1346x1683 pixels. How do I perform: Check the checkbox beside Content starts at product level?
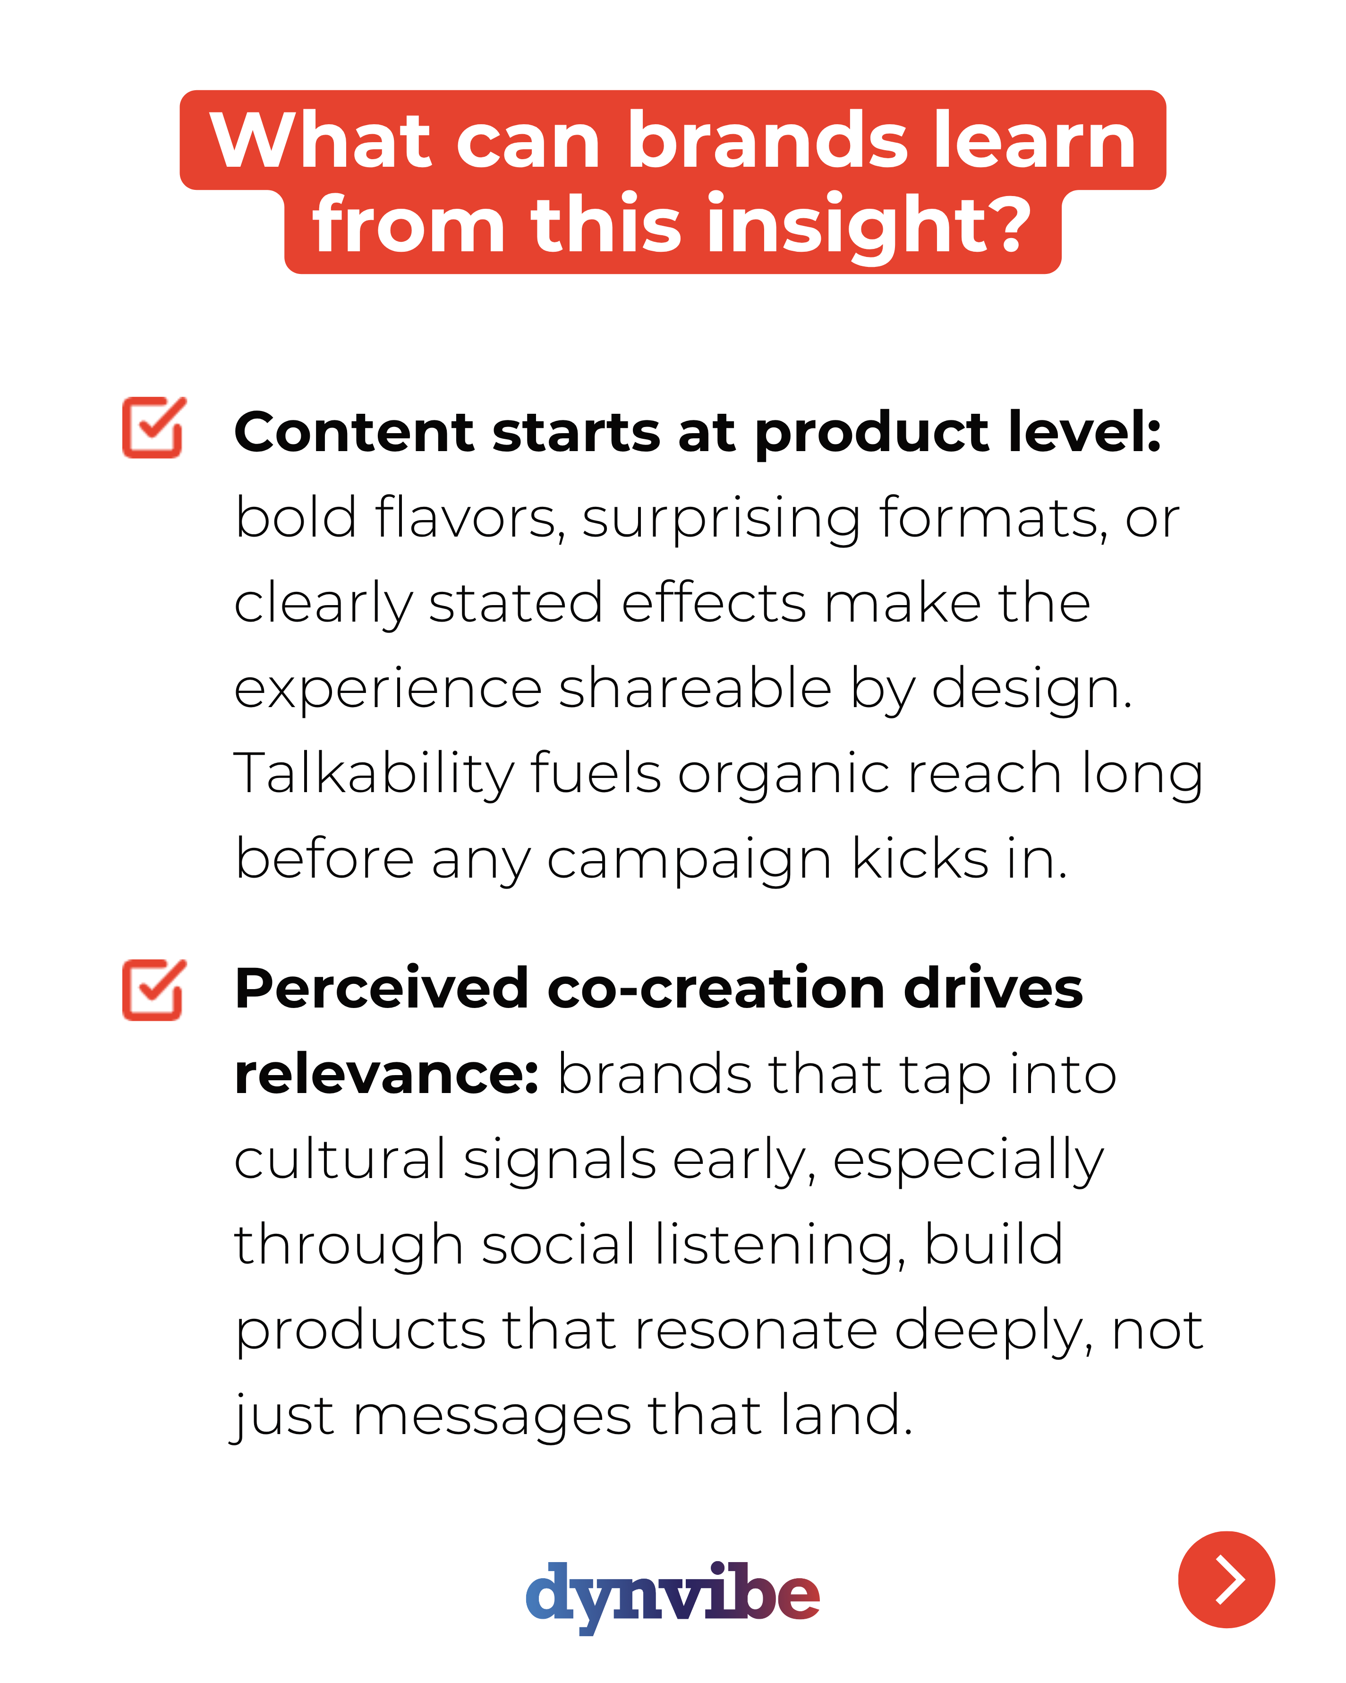[x=153, y=427]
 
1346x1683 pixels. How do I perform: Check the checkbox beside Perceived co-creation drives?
[x=153, y=989]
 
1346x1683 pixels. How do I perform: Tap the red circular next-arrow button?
[x=1226, y=1579]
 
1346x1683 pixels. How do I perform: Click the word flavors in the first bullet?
[x=470, y=518]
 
